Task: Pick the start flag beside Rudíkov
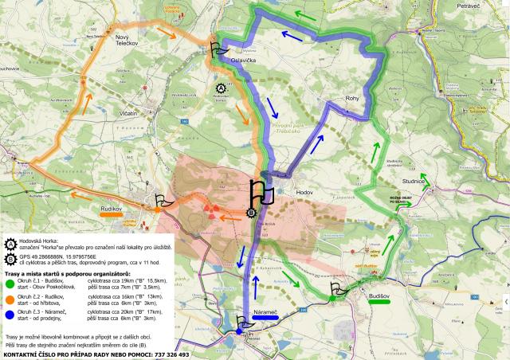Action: point(160,202)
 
